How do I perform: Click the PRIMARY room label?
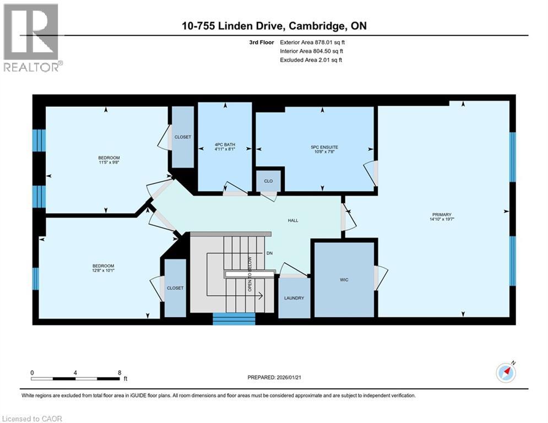tap(442, 214)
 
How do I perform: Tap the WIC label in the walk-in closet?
tap(344, 280)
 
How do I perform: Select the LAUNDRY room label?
tap(294, 298)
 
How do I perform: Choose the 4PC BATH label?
tap(225, 145)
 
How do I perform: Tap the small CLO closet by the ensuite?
tap(268, 181)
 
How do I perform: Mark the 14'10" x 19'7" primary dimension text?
tap(442, 219)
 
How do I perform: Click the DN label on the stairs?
tap(269, 253)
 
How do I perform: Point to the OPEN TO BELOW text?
tap(249, 275)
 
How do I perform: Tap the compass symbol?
tap(506, 373)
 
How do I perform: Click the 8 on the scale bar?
tap(120, 372)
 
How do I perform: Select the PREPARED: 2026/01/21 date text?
tap(275, 377)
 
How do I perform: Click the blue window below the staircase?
tap(234, 319)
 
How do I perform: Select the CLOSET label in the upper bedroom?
tap(183, 137)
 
